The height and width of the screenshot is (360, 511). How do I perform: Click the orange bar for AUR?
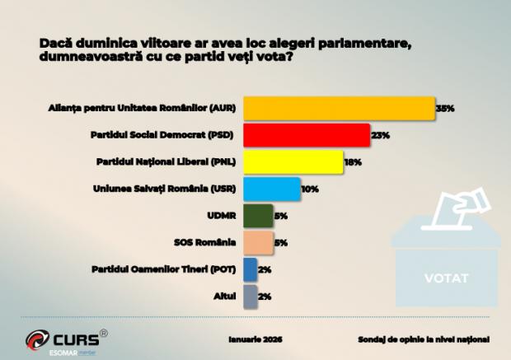click(339, 109)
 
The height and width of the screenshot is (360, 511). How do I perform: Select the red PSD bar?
click(306, 135)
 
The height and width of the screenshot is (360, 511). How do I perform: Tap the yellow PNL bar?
click(293, 162)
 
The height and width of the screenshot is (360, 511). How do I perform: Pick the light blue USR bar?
click(272, 189)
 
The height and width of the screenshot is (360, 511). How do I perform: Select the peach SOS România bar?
click(258, 242)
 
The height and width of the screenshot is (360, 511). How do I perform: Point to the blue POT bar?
click(250, 269)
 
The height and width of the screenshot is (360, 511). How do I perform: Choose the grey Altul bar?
click(250, 295)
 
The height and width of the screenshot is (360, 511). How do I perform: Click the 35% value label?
click(445, 109)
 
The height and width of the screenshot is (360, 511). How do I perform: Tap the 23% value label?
click(379, 135)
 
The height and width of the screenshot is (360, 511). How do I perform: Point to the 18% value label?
click(353, 162)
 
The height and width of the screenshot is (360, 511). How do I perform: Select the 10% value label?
click(310, 189)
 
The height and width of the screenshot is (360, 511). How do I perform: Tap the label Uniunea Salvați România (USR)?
click(166, 189)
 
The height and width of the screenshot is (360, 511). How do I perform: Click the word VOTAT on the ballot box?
click(446, 277)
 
